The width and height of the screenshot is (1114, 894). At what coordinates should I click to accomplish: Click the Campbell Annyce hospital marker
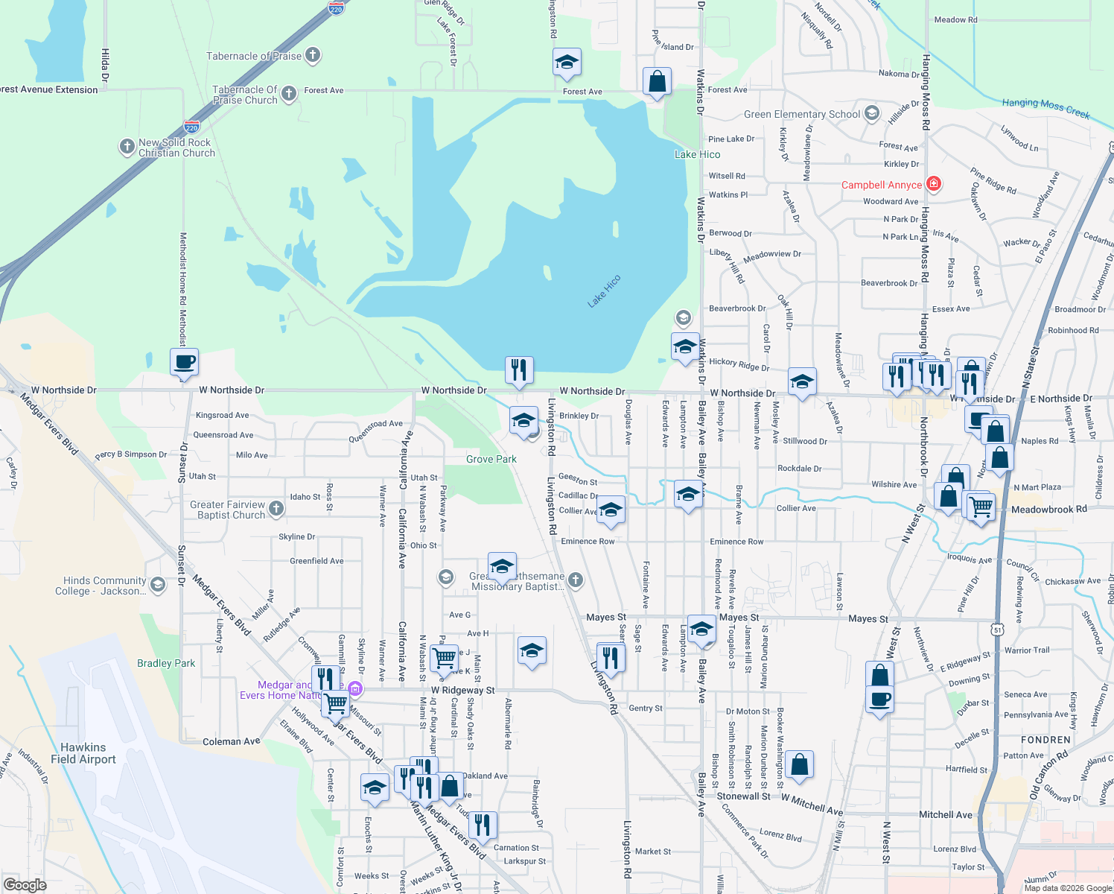click(x=934, y=184)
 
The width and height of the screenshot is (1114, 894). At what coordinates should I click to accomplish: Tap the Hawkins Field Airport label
click(x=83, y=753)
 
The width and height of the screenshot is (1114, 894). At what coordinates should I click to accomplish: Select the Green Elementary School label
click(x=802, y=115)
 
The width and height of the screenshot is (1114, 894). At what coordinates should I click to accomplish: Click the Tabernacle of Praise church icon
click(x=313, y=54)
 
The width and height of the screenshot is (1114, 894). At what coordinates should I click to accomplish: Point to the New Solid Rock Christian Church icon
click(x=127, y=147)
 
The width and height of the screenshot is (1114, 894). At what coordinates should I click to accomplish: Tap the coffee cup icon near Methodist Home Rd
click(x=184, y=363)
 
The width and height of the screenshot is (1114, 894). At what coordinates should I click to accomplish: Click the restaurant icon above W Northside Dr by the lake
click(x=519, y=370)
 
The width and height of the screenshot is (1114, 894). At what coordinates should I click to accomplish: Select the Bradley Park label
click(x=166, y=663)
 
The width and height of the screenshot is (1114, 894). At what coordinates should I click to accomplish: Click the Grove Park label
click(x=491, y=459)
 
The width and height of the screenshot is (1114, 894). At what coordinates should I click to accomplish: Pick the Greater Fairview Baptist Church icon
click(x=276, y=509)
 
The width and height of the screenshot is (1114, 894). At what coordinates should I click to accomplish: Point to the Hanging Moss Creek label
click(x=1045, y=107)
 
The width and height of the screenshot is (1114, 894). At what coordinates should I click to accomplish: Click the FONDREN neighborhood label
click(x=1045, y=740)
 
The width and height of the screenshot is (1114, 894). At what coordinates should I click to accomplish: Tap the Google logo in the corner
click(x=25, y=884)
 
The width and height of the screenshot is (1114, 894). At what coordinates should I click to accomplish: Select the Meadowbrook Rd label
click(x=1048, y=510)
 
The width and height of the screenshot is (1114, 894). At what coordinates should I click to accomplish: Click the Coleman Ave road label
click(x=232, y=741)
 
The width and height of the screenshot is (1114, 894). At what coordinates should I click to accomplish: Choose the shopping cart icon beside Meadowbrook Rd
click(x=981, y=507)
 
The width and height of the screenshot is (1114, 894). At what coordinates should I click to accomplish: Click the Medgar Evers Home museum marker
click(x=355, y=690)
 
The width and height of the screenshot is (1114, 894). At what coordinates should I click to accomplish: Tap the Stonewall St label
click(x=743, y=796)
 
